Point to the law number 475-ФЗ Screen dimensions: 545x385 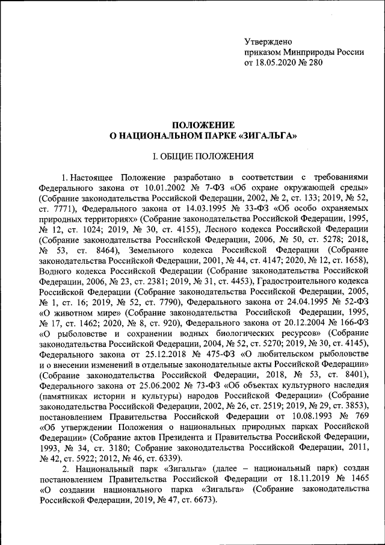click(216, 351)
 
